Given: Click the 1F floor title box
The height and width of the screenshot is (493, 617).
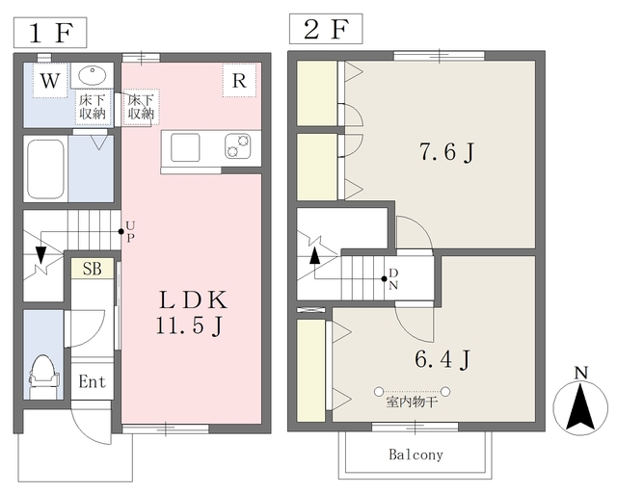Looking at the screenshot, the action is coord(50,32).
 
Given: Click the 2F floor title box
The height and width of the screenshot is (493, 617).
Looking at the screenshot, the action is coord(326,29).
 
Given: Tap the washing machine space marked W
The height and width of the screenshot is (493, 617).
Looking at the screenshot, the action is coord(50,80).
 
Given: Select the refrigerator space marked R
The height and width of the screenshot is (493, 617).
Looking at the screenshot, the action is coord(239,80).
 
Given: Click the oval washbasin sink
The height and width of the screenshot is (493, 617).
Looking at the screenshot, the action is coord(93,75).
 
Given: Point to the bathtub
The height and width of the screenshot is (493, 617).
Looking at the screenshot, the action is coord(46,169).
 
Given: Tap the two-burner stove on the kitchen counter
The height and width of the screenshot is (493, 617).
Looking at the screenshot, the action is coord(238,146).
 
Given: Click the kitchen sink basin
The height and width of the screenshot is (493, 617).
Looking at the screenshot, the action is coord(185,147).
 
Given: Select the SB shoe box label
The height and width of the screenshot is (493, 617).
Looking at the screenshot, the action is coord(93,269).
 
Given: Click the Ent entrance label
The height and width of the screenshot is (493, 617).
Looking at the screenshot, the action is coord(93,381).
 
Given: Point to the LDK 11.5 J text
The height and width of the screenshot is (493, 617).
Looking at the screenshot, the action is coord(192,313).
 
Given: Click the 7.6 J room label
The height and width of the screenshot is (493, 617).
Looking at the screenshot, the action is coord(446,152).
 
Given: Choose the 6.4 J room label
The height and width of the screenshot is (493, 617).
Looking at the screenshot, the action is coord(443,359).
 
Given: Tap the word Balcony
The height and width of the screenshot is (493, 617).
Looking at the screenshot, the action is coord(416,454).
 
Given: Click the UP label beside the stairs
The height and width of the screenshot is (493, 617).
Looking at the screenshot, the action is coord(131,231).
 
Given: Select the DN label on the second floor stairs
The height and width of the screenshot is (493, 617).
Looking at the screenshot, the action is coord(393,279).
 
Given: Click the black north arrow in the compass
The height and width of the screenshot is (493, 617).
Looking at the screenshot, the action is coord(580,407).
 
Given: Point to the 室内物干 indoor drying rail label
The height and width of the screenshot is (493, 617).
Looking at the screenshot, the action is coord(412,402).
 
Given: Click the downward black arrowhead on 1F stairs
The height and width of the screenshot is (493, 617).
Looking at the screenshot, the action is coord(40,255).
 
